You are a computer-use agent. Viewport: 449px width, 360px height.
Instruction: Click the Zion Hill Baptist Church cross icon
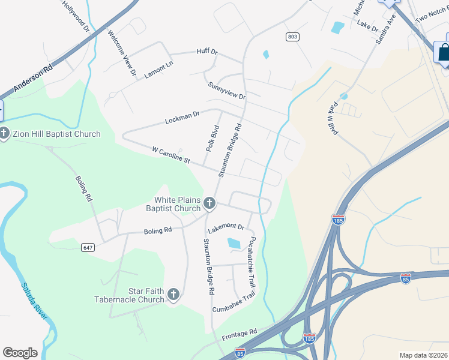4,134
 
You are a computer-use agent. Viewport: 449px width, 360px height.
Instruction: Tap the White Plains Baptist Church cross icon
209,204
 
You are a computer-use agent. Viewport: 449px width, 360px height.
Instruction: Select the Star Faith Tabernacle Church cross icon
173,295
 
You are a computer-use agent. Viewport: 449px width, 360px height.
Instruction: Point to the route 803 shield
292,37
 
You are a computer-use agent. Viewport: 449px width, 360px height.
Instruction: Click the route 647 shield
88,247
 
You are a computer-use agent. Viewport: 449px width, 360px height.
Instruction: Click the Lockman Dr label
182,116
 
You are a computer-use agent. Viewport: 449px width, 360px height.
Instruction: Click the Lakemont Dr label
226,228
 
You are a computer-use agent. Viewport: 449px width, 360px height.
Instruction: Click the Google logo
20,352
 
